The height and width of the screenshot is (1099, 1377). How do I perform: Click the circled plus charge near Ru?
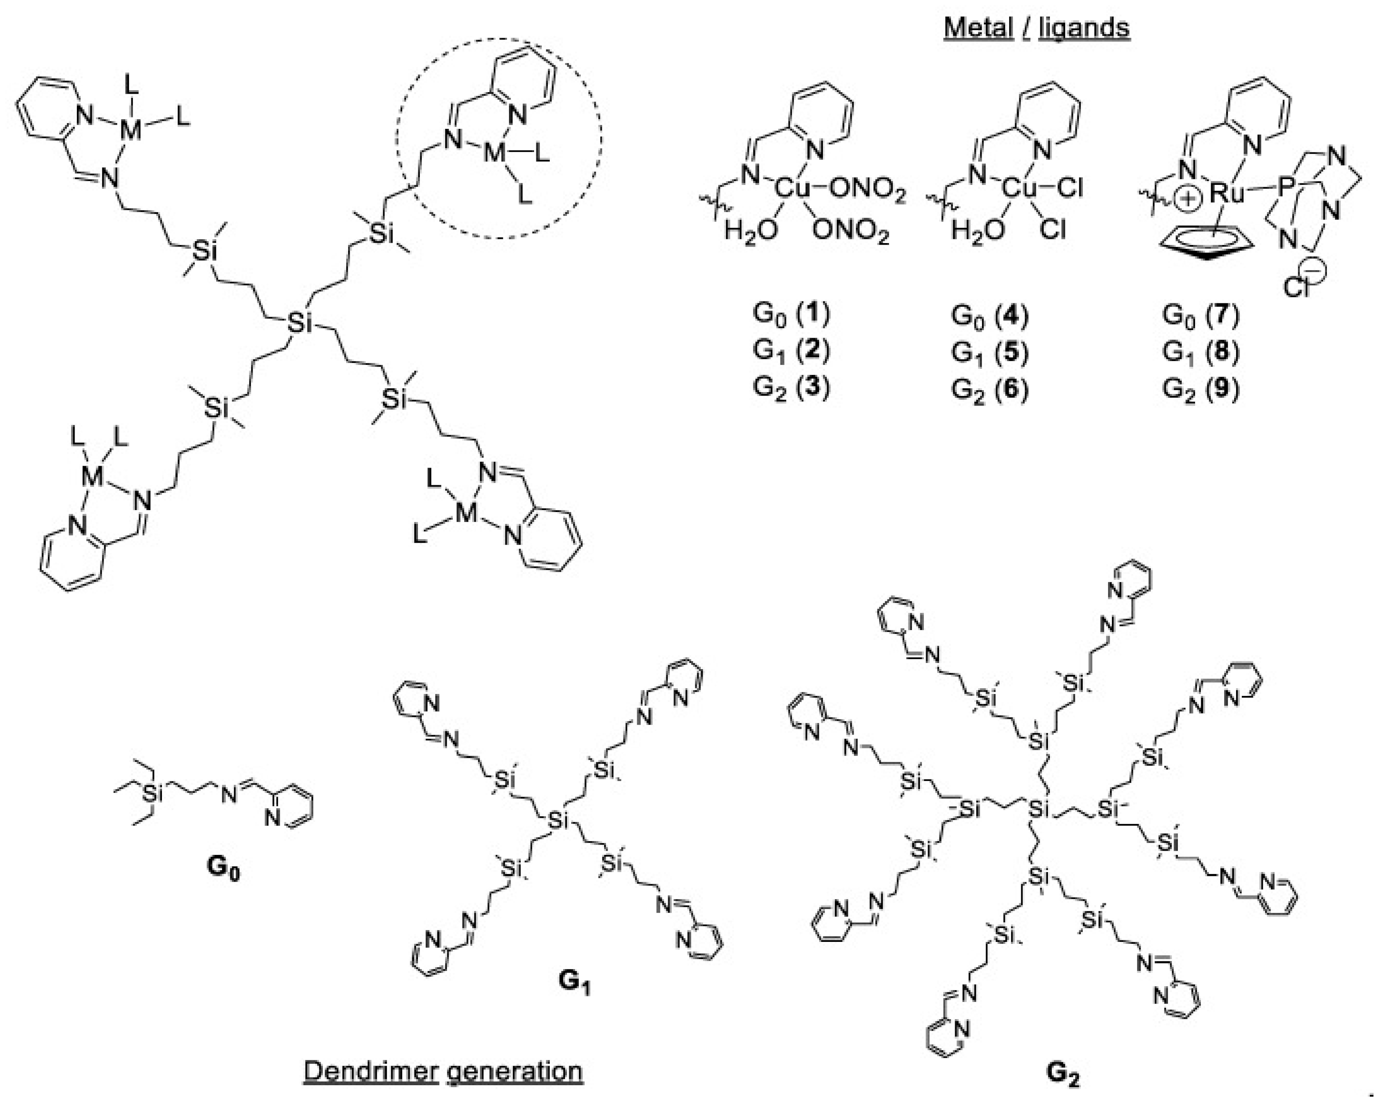1188,200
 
